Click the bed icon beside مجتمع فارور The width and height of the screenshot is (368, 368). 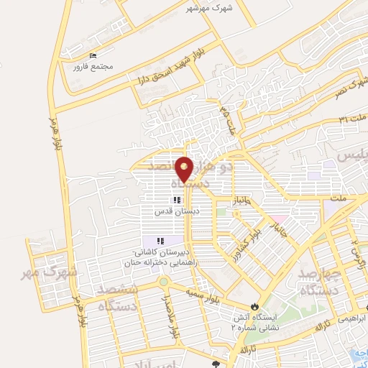click(92, 56)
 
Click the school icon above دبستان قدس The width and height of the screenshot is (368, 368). click(176, 201)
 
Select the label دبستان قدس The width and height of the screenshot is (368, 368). click(176, 212)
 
